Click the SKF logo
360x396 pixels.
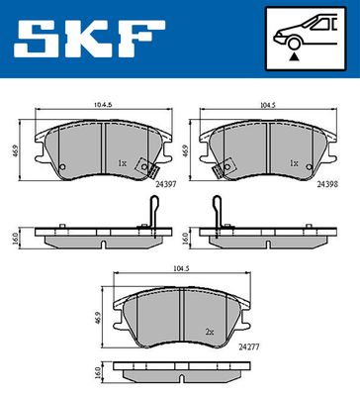pyautogui.click(x=89, y=39)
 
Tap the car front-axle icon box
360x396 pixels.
pyautogui.click(x=306, y=39)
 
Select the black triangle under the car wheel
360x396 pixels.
pyautogui.click(x=294, y=56)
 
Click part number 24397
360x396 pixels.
pyautogui.click(x=165, y=184)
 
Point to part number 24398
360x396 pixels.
pyautogui.click(x=327, y=184)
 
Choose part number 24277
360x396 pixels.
pyautogui.click(x=249, y=346)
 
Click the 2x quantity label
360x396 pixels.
pyautogui.click(x=210, y=333)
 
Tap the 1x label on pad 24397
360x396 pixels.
pyautogui.click(x=122, y=163)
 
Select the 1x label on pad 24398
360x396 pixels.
pyautogui.click(x=294, y=163)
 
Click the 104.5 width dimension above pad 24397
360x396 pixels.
pyautogui.click(x=103, y=105)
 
